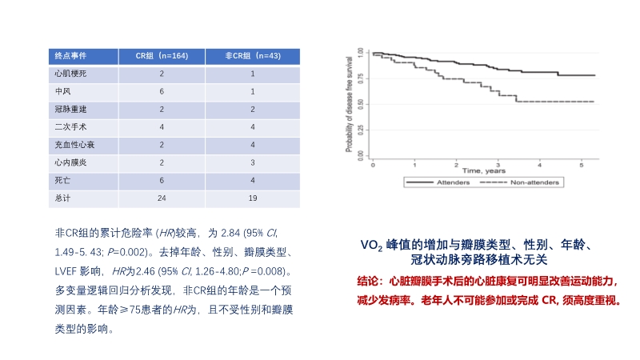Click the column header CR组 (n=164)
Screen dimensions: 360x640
pyautogui.click(x=162, y=56)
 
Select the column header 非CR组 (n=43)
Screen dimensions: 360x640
pyautogui.click(x=253, y=56)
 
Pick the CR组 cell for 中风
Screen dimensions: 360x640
pyautogui.click(x=162, y=91)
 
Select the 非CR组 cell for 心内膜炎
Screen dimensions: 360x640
pyautogui.click(x=253, y=162)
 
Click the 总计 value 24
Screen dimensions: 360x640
pyautogui.click(x=162, y=197)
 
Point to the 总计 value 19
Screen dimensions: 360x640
pyautogui.click(x=253, y=197)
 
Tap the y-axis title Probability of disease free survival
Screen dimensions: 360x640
pyautogui.click(x=350, y=104)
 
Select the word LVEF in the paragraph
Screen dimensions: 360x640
pyautogui.click(x=67, y=271)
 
